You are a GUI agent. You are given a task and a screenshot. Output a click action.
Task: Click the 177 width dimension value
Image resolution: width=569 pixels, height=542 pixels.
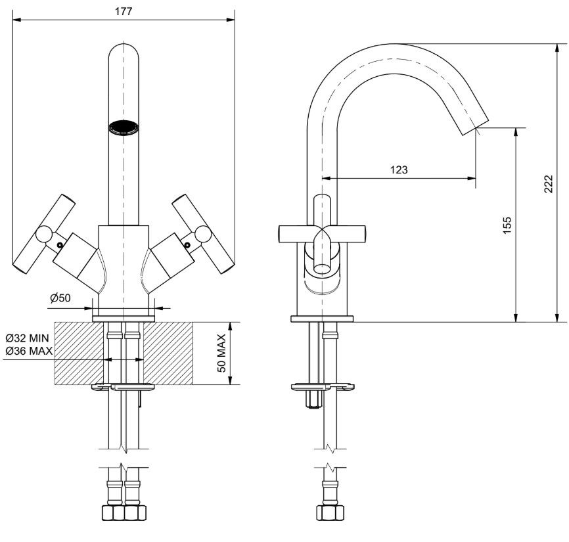[124, 11]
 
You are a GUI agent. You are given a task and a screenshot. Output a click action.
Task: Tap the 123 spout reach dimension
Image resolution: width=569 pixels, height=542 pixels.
[399, 169]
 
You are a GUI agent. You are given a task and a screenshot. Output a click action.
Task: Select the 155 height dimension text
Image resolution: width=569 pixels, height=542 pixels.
[507, 225]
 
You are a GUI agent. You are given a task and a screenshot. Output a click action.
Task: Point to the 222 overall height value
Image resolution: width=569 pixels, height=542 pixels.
[549, 184]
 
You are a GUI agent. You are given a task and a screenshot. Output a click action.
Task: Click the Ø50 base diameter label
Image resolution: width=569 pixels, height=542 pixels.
[60, 298]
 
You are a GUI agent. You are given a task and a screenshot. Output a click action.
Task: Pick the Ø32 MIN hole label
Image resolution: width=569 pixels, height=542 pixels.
[27, 338]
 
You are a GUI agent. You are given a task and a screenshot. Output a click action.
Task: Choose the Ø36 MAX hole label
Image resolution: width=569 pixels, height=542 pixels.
[29, 351]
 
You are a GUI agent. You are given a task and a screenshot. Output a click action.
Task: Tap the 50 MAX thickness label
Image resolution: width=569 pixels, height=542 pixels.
[221, 353]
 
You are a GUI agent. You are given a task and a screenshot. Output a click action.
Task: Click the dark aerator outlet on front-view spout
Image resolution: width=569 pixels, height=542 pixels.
[124, 127]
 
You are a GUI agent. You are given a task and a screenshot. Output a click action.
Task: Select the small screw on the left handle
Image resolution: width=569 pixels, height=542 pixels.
[59, 245]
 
